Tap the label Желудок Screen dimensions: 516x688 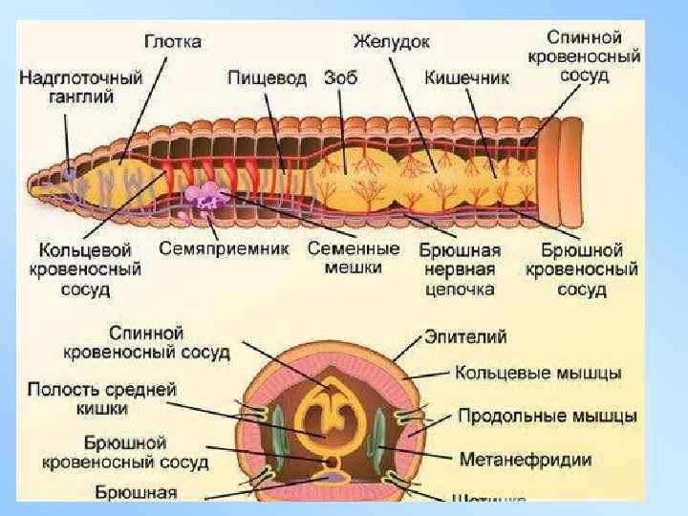pos(391,42)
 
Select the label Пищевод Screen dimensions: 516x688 pos(268,77)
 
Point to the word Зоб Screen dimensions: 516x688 pos(340,77)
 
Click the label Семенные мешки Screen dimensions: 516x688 pos(354,257)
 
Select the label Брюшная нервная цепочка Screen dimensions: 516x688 pos(461,269)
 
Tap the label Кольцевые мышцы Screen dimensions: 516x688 pos(538,372)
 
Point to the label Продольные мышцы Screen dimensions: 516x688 pos(548,416)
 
